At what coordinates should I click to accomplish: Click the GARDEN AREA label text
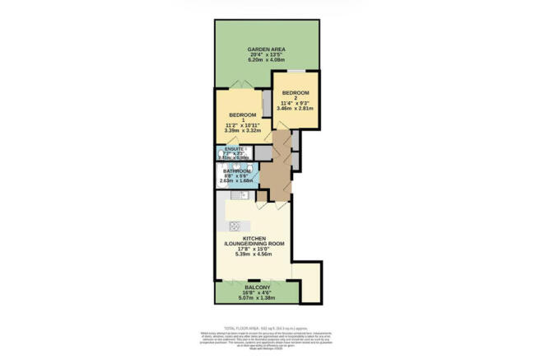[x=267, y=50]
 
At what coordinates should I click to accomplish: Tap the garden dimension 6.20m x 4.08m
[x=267, y=63]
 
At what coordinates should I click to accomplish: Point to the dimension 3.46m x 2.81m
[x=296, y=107]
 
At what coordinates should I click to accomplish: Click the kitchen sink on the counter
[x=235, y=196]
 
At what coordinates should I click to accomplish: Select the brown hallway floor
[x=274, y=175]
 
